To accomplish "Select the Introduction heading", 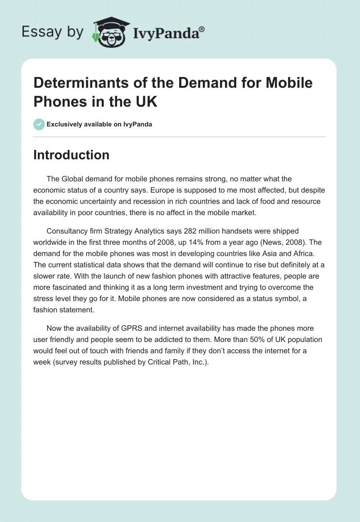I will click(72, 155).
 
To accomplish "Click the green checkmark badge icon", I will click(39, 124).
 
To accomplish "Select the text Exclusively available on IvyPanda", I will click(99, 124).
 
